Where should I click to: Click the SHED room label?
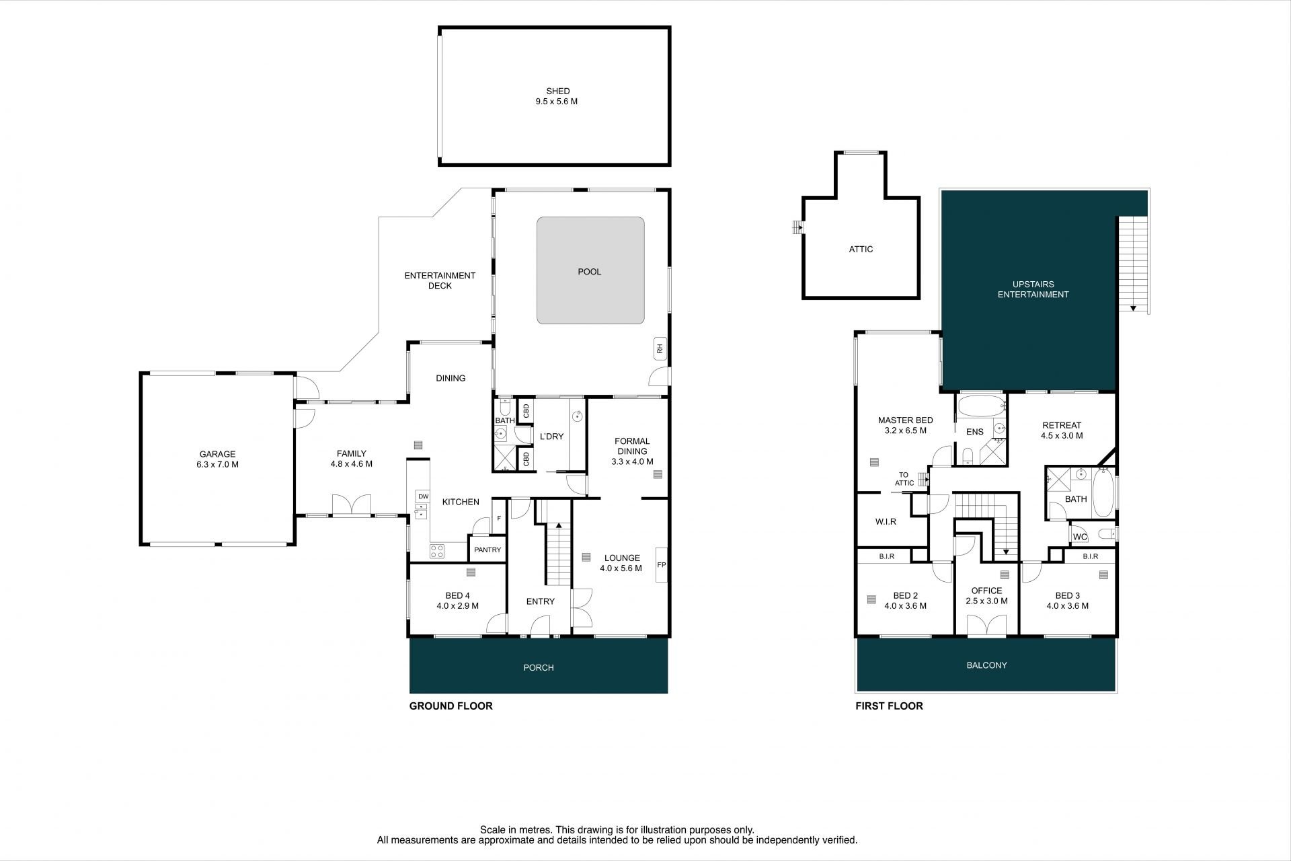tap(557, 91)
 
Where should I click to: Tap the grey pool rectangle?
tap(590, 270)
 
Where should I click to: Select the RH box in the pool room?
tap(660, 348)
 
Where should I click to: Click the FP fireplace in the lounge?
tap(661, 565)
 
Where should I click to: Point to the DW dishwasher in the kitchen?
tap(423, 496)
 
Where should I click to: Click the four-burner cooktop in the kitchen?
tap(437, 551)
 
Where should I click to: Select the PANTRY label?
tap(487, 550)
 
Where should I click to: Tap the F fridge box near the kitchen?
tap(499, 519)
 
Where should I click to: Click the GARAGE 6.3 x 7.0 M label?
tap(217, 459)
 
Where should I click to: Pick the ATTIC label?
tap(861, 249)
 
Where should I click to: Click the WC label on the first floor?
tap(1079, 537)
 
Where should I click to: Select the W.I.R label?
tap(886, 521)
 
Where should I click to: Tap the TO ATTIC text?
tap(904, 479)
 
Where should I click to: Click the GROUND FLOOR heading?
tap(451, 706)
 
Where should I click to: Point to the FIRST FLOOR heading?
tap(889, 706)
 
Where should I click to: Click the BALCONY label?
tap(986, 665)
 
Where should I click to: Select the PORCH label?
tap(539, 667)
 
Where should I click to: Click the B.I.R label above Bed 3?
tap(1091, 556)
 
